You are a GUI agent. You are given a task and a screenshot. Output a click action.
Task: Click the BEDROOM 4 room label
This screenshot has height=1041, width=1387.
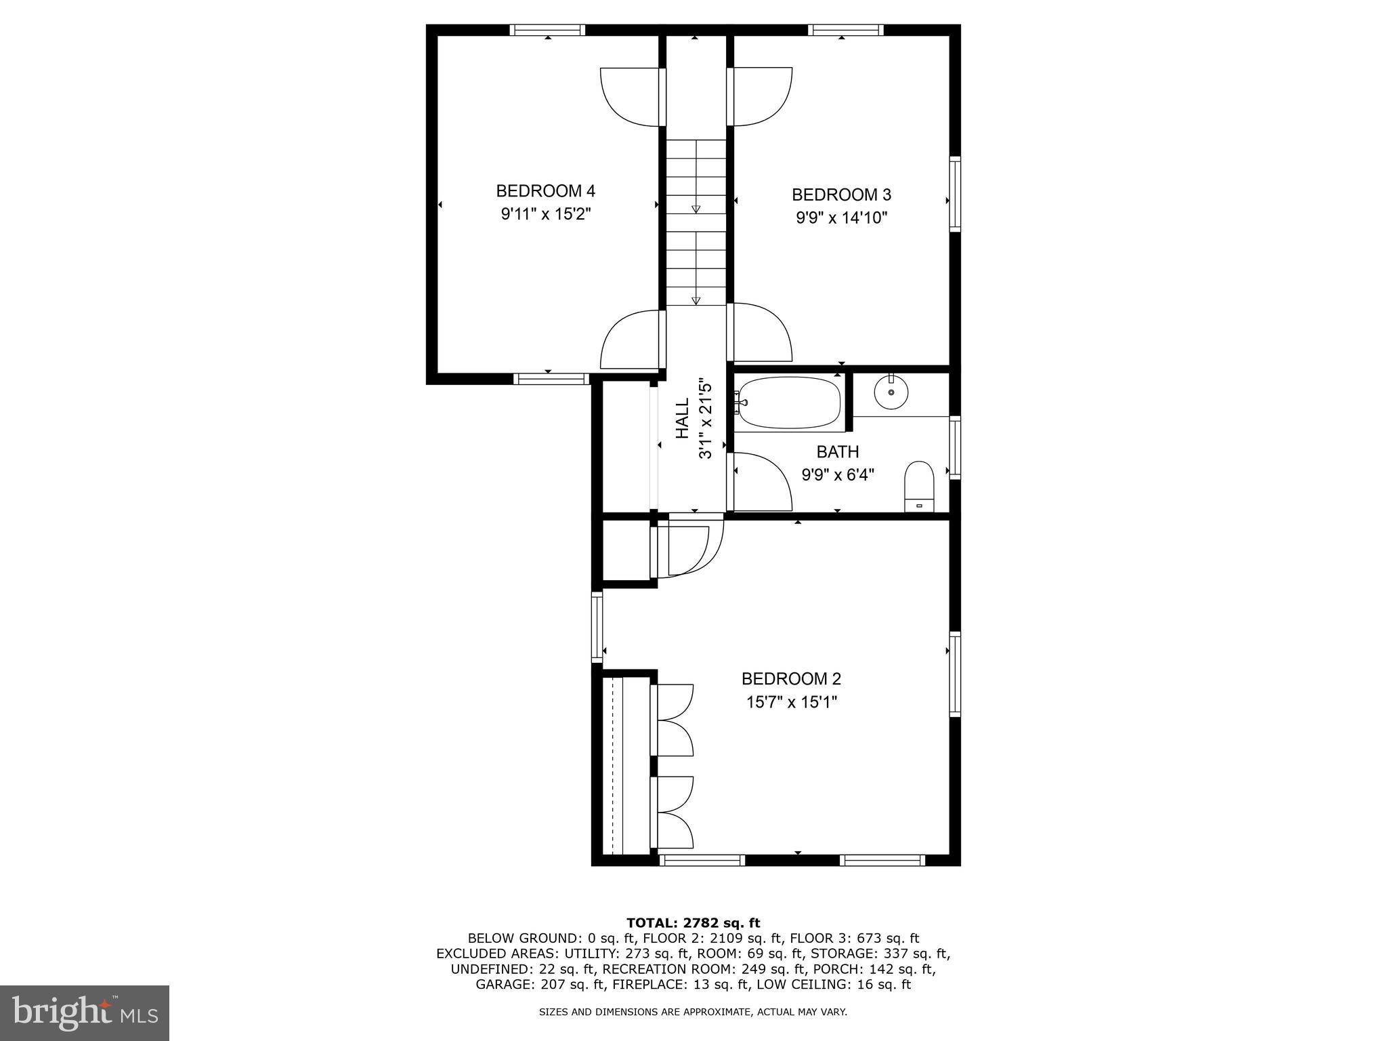(x=545, y=191)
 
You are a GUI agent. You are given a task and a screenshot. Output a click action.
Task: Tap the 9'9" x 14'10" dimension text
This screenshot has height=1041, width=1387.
(x=841, y=218)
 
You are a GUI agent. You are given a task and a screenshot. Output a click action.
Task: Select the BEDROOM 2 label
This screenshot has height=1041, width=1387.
(x=791, y=678)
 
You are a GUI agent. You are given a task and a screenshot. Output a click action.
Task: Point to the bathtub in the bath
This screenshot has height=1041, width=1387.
(x=789, y=403)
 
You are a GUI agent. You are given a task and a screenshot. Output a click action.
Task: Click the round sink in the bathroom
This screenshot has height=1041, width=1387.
(x=891, y=392)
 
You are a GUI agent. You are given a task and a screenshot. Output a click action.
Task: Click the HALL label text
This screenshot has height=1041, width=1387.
(x=683, y=417)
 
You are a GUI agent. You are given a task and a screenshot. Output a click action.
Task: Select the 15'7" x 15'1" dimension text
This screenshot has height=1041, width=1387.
(x=792, y=702)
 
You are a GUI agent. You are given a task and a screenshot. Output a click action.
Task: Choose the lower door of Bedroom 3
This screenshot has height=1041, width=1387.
(x=760, y=332)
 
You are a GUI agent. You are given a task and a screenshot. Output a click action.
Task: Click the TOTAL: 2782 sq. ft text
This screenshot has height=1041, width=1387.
(x=693, y=923)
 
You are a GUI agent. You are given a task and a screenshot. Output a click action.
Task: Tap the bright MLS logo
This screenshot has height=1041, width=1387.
(x=85, y=1013)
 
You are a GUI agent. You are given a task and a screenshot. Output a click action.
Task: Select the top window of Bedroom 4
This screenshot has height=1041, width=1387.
(x=547, y=30)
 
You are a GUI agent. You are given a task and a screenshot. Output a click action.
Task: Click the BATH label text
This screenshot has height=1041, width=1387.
(x=838, y=452)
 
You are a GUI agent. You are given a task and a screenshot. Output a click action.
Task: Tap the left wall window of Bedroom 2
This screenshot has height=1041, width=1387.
(x=597, y=626)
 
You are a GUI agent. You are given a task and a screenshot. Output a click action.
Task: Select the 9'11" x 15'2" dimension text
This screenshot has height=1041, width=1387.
(x=546, y=215)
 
